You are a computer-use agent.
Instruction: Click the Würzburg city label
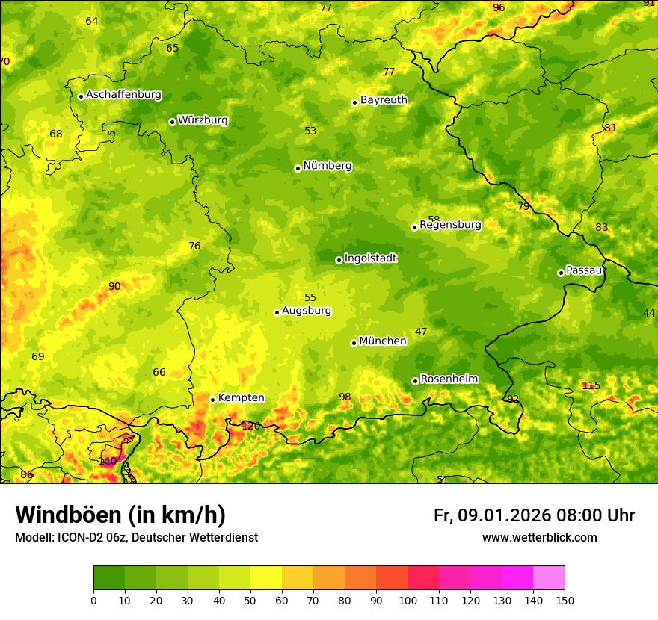click(x=203, y=120)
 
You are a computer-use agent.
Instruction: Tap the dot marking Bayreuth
click(x=354, y=102)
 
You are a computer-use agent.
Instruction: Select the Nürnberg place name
click(x=327, y=166)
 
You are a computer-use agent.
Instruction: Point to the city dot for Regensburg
click(x=414, y=227)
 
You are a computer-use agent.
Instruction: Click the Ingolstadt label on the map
click(x=370, y=258)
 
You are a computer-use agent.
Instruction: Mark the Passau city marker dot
click(x=561, y=273)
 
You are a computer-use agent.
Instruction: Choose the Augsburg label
click(x=306, y=311)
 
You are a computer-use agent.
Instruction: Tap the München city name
click(x=382, y=341)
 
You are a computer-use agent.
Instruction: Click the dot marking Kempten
click(x=212, y=400)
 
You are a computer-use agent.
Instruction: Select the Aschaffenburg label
click(x=123, y=95)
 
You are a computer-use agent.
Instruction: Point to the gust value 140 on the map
click(x=108, y=461)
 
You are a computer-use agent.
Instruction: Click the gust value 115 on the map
click(x=591, y=385)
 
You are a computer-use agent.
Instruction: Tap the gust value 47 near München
click(x=421, y=332)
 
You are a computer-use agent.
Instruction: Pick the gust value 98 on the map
click(x=345, y=397)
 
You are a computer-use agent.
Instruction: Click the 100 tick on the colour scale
click(x=408, y=600)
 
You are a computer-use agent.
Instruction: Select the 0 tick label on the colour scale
click(x=93, y=600)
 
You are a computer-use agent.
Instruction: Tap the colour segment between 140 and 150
click(x=549, y=577)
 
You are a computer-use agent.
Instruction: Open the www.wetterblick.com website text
click(x=539, y=537)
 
